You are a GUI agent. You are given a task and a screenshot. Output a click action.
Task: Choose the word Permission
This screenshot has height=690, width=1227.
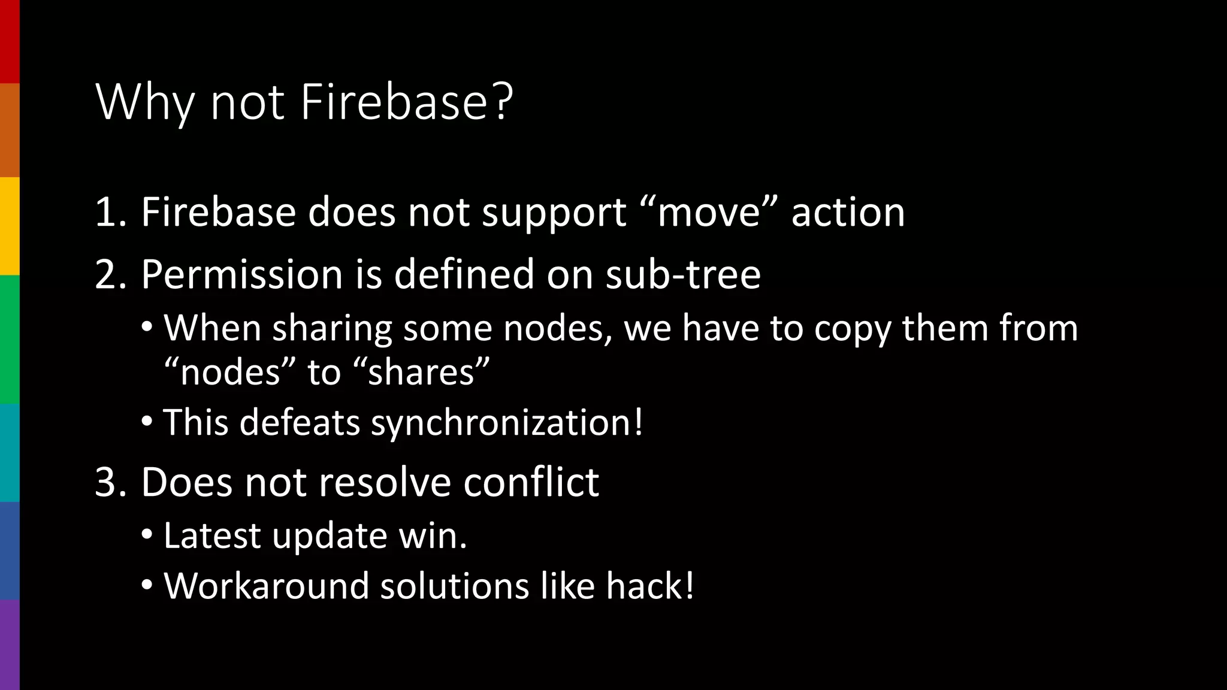(242, 275)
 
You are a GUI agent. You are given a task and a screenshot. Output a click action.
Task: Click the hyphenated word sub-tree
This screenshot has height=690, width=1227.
(682, 275)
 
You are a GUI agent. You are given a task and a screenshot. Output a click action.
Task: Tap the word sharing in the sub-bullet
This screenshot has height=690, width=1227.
(332, 329)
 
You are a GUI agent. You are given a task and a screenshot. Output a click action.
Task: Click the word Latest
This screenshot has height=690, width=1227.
(211, 535)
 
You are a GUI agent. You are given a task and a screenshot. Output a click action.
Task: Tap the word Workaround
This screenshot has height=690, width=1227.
(266, 586)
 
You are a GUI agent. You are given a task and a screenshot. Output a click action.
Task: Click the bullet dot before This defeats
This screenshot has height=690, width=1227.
(147, 422)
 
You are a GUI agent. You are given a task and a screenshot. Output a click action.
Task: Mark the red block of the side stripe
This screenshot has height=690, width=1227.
(10, 41)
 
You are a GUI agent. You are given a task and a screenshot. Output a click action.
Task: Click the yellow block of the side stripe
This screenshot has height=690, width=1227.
(10, 226)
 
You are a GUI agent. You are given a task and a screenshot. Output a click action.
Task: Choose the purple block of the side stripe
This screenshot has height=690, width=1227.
(10, 644)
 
